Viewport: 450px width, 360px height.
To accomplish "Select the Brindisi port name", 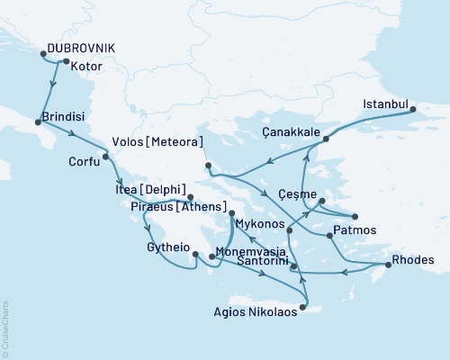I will (64, 118).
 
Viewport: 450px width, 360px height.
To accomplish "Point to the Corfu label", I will (85, 163).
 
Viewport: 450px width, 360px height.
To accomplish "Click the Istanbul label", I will (385, 103).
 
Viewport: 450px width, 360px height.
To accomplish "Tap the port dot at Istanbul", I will (414, 112).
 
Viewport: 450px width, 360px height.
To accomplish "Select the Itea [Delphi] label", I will (151, 190).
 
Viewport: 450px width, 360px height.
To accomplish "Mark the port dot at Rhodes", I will (387, 265).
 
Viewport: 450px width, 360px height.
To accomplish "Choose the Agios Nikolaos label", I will (250, 315).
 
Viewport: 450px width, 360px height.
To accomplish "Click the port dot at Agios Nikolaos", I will (302, 309).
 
